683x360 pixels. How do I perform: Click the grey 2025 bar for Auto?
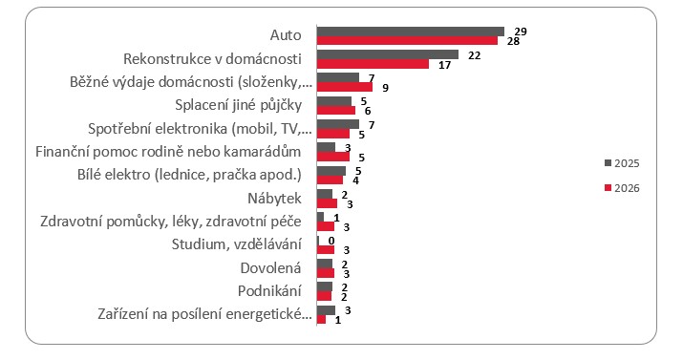point(411,32)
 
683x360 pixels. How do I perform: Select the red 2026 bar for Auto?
point(407,40)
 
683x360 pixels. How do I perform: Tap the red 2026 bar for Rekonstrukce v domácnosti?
point(373,64)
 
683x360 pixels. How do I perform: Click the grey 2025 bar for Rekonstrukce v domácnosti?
point(388,54)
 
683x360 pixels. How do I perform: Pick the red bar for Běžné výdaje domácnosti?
point(345,87)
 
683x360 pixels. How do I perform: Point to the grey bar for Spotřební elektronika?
point(338,124)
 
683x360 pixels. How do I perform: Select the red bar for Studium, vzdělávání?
point(326,250)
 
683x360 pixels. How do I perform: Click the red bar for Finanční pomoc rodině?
point(333,157)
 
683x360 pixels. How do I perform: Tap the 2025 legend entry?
point(622,163)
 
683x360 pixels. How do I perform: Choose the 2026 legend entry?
point(622,188)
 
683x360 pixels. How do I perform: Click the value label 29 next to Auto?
point(521,32)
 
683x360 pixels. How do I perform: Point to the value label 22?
point(475,55)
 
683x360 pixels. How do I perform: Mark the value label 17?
point(444,65)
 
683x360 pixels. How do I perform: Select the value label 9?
point(386,88)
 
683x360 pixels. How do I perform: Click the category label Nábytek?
point(274,199)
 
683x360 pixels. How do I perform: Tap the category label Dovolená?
point(270,268)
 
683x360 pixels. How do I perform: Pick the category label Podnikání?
point(269,291)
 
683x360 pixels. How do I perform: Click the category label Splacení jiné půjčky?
point(238,105)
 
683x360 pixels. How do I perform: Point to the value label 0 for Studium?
point(331,241)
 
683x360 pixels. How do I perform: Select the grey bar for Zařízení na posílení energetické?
point(327,310)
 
